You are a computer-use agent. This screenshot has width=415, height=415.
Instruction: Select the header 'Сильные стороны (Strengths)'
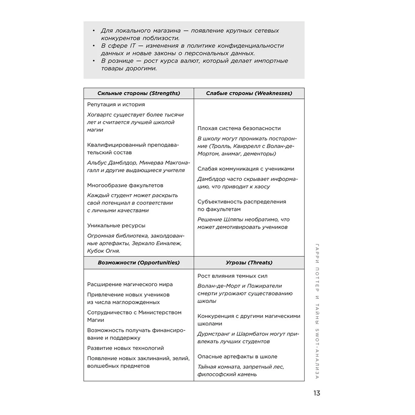pyautogui.click(x=139, y=93)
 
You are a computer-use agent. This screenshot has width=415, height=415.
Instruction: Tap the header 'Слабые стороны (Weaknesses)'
pyautogui.click(x=249, y=93)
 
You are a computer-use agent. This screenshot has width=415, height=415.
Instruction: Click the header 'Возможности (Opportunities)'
pyautogui.click(x=139, y=262)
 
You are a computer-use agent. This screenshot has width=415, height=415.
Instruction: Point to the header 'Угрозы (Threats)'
pyautogui.click(x=249, y=262)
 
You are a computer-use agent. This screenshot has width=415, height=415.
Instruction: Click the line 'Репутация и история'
pyautogui.click(x=116, y=105)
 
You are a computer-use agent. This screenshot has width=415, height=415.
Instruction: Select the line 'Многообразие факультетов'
pyautogui.click(x=125, y=185)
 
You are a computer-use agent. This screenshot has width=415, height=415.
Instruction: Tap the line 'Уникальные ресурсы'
pyautogui.click(x=116, y=225)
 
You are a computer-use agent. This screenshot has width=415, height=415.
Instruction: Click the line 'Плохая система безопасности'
pyautogui.click(x=239, y=128)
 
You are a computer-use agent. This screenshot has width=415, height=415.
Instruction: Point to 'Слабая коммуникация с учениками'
pyautogui.click(x=246, y=168)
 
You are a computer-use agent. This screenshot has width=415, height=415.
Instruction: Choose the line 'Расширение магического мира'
pyautogui.click(x=130, y=284)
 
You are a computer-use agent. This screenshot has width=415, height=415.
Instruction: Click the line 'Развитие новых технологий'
pyautogui.click(x=125, y=348)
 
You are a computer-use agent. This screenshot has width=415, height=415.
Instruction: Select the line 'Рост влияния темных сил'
pyautogui.click(x=232, y=276)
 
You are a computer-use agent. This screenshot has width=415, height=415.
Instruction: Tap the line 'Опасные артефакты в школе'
pyautogui.click(x=237, y=356)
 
